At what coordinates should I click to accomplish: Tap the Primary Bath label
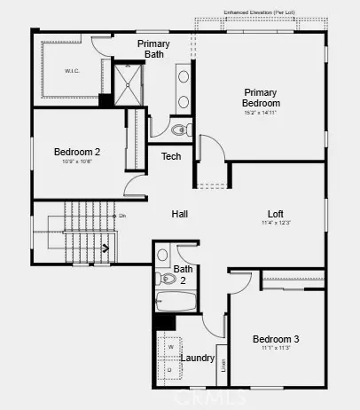point(154,49)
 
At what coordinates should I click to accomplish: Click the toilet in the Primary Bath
point(180,130)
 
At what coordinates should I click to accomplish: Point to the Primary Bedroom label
point(261,98)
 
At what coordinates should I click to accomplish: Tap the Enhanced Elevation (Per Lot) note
point(260,12)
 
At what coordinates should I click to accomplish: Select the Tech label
point(171,157)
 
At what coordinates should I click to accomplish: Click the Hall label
point(180,214)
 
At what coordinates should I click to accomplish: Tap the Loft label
point(276,214)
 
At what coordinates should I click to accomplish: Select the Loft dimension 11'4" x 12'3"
point(276,224)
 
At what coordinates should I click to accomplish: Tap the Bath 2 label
point(184,274)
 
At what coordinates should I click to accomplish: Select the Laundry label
point(198,359)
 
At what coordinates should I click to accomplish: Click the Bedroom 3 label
point(276,339)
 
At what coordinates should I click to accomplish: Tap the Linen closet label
point(223,364)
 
